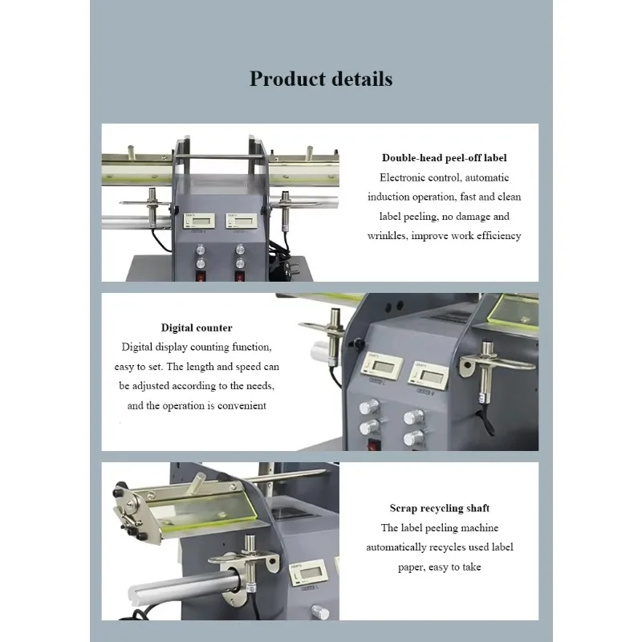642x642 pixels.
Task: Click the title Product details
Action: (321, 79)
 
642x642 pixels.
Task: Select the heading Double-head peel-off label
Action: (445, 158)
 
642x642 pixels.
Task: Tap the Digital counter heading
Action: (197, 327)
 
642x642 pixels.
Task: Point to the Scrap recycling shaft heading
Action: (439, 508)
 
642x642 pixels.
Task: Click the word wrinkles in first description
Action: (388, 236)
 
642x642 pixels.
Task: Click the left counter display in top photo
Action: (199, 221)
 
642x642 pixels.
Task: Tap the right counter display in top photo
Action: (242, 221)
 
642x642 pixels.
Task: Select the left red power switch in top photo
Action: (201, 276)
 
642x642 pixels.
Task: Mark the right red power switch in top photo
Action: (240, 276)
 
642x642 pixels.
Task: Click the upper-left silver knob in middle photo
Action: (369, 407)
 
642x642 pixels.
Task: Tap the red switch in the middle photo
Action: (373, 445)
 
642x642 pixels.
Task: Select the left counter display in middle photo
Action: (382, 367)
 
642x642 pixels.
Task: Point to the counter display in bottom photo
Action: (307, 572)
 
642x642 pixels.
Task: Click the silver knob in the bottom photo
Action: (320, 612)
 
